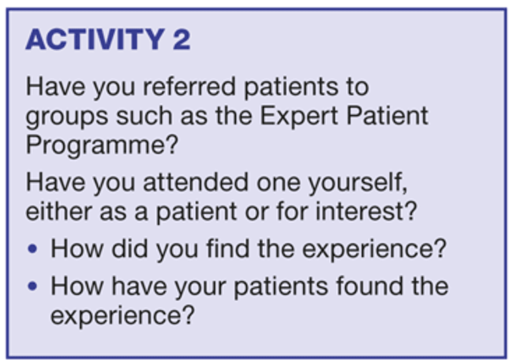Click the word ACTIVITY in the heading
pyautogui.click(x=95, y=39)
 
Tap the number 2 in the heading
pyautogui.click(x=182, y=39)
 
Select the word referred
pyautogui.click(x=189, y=87)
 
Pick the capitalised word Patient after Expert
pyautogui.click(x=387, y=115)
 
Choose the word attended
pyautogui.click(x=196, y=182)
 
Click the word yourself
pyautogui.click(x=358, y=183)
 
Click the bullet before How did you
pyautogui.click(x=33, y=249)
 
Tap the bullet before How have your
pyautogui.click(x=33, y=286)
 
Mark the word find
pyautogui.click(x=227, y=249)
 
